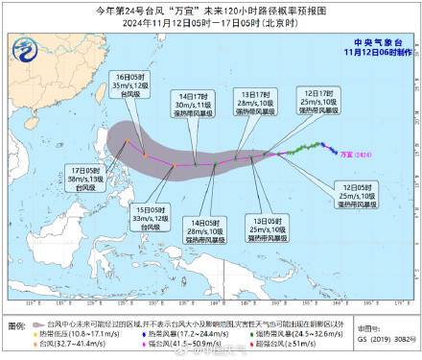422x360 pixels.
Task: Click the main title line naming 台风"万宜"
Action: (x=211, y=10)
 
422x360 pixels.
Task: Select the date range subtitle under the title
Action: (x=211, y=24)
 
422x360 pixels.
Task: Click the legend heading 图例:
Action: (x=17, y=326)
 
